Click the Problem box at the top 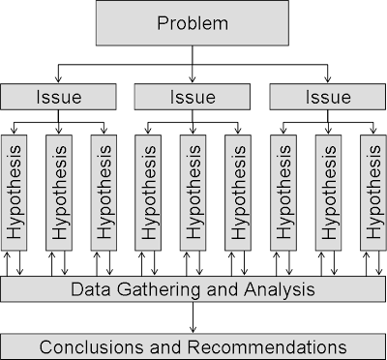[193, 22]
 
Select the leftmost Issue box [58, 97]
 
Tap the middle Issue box [193, 97]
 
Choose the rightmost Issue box [327, 97]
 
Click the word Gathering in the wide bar [150, 289]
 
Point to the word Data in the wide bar [90, 289]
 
